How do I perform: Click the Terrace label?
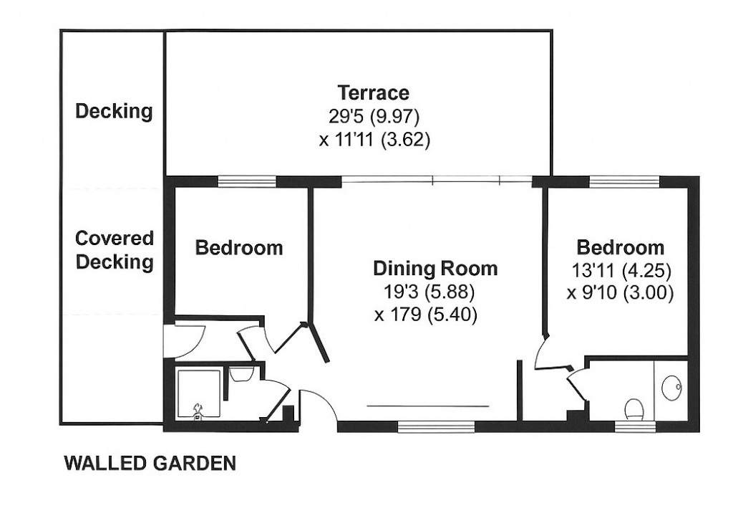[373, 93]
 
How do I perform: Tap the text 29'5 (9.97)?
[373, 116]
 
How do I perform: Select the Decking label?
[114, 112]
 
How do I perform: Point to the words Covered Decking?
[115, 250]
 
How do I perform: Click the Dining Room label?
[435, 269]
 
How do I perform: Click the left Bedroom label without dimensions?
[239, 248]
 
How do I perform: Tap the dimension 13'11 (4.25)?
[620, 272]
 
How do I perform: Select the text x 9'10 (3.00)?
[620, 294]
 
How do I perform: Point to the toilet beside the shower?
[241, 374]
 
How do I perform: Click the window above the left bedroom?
[246, 182]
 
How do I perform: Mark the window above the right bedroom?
[623, 182]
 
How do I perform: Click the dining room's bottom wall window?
[436, 427]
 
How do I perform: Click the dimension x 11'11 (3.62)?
[374, 140]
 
